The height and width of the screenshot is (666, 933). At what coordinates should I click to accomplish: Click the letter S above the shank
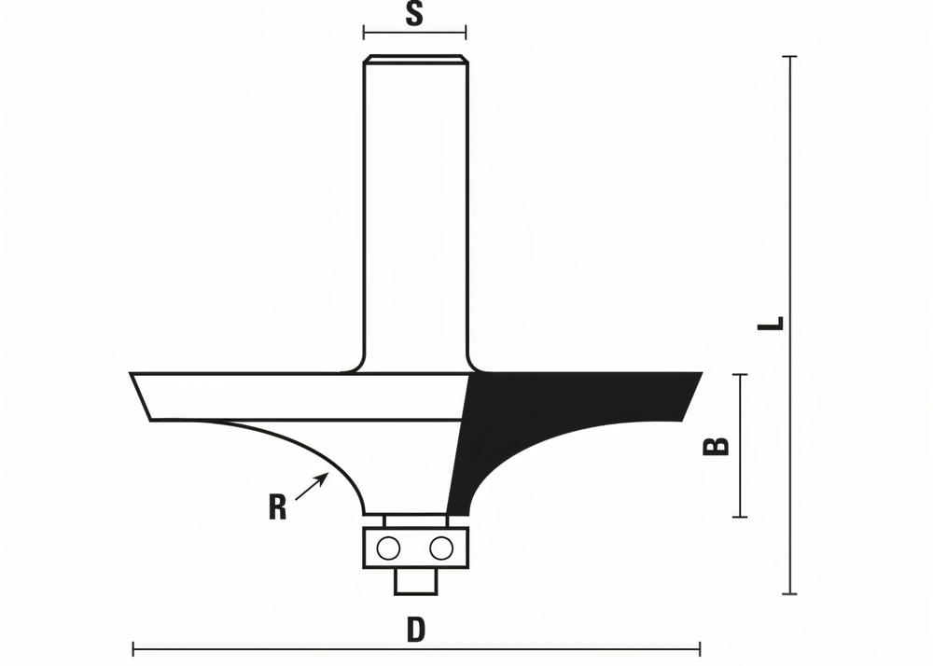click(x=414, y=15)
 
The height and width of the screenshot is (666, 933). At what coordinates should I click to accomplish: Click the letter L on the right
click(x=771, y=324)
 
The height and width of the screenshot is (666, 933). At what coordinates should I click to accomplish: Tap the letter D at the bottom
click(x=416, y=631)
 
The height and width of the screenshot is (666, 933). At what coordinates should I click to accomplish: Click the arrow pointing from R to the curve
click(x=312, y=487)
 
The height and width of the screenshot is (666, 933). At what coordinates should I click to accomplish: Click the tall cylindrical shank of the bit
click(x=414, y=205)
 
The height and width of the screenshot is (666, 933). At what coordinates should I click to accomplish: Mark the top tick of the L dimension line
click(x=790, y=57)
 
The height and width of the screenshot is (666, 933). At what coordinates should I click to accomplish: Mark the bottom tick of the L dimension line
click(x=790, y=593)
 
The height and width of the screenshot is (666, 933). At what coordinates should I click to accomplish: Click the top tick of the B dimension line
click(x=742, y=375)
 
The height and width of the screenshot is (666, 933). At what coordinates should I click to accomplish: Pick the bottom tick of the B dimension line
click(x=742, y=516)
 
